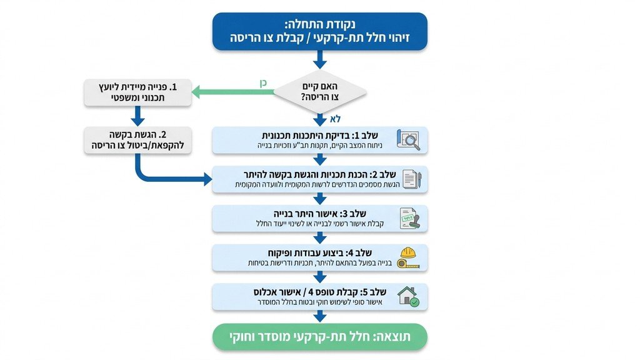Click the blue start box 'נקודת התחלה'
(320, 32)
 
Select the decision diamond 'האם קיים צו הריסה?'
(320, 92)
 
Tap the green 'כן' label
(264, 83)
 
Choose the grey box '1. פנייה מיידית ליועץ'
(137, 92)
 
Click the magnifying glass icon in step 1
(409, 140)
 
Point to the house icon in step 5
(409, 296)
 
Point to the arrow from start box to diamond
(320, 59)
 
